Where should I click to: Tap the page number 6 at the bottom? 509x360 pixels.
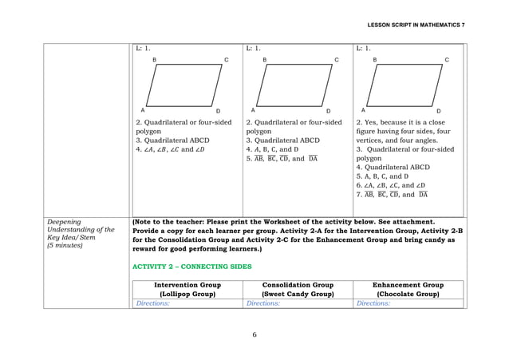[x=254, y=334]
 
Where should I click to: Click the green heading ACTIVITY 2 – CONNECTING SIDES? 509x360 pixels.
[x=191, y=267]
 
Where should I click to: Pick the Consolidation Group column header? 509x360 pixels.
[x=298, y=289]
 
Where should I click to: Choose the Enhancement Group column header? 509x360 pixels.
[x=409, y=289]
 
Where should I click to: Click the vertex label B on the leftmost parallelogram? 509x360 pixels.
[x=154, y=60]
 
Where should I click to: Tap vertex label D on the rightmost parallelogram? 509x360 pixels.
[x=438, y=110]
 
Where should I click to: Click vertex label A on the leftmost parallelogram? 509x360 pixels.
[x=143, y=110]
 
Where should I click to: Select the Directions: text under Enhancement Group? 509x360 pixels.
[x=373, y=304]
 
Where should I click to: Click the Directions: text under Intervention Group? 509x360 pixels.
[x=152, y=304]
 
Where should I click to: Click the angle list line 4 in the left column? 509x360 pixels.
[x=170, y=149]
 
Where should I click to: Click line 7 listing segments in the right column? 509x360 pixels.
[x=392, y=194]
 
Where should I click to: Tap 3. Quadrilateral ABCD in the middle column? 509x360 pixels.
[x=282, y=140]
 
